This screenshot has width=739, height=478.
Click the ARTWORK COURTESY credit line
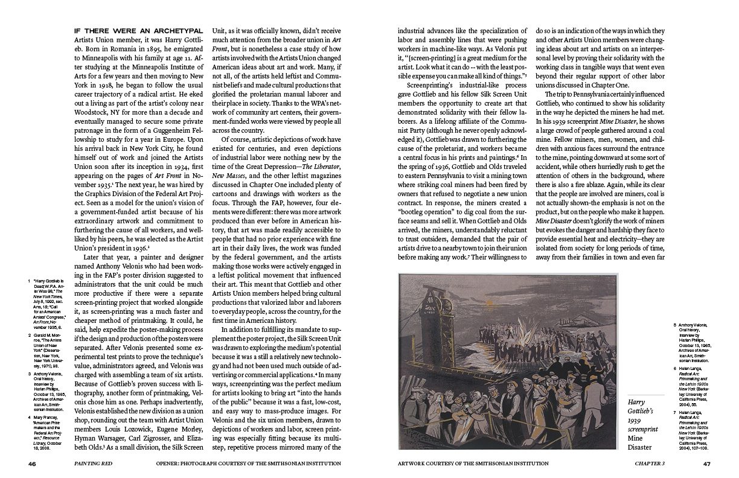pyautogui.click(x=473, y=464)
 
